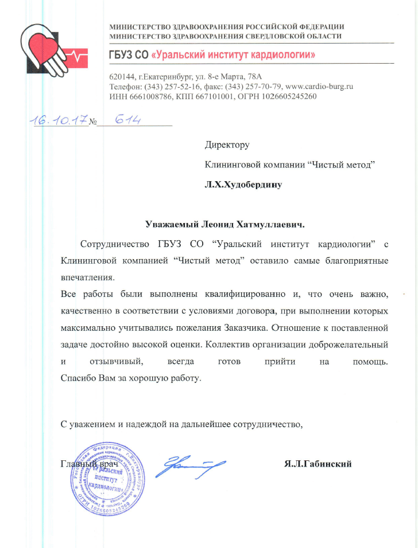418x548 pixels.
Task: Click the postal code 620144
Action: click(x=121, y=76)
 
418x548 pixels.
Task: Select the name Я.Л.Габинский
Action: click(x=318, y=464)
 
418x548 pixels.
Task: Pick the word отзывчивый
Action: click(x=117, y=363)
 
